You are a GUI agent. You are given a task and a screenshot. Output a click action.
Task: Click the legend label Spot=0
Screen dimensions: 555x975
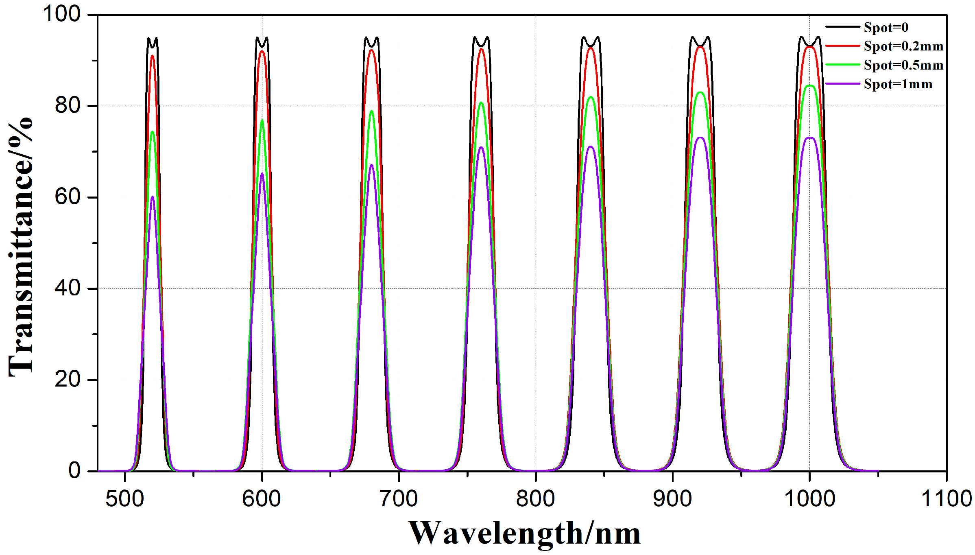coord(886,27)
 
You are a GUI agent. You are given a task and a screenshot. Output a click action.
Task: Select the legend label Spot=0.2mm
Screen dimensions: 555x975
coord(903,46)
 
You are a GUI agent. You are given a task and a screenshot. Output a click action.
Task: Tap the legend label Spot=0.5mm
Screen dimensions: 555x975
coord(903,65)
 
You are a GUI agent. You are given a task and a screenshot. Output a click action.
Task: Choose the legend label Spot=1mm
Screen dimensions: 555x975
coord(898,84)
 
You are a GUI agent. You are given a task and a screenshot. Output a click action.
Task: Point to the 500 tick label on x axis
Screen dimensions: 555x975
coord(124,499)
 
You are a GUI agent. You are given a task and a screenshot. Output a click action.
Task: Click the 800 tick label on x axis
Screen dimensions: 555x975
coord(535,499)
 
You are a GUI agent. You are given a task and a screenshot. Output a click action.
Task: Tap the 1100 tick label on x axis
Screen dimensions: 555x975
coord(946,499)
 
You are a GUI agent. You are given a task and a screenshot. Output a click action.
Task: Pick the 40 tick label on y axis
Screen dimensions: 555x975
coord(68,288)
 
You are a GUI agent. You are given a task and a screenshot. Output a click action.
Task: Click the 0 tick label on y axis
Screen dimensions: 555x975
coord(74,471)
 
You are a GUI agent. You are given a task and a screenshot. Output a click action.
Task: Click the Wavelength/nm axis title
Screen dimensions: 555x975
coord(524,533)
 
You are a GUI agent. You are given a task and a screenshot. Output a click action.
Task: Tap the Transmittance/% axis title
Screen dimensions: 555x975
coord(20,247)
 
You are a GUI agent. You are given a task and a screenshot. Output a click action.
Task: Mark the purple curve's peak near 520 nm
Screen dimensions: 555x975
coord(153,197)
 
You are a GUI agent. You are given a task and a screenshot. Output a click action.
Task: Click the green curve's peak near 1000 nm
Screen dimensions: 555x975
coord(810,85)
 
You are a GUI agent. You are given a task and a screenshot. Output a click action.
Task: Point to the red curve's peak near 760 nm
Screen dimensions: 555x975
coord(481,49)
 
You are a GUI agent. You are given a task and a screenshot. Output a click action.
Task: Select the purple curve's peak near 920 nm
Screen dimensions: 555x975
coord(700,138)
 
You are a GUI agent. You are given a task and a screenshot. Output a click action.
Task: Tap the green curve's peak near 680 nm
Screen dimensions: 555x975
coord(371,111)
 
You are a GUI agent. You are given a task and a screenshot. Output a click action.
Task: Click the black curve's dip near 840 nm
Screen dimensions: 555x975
coord(591,46)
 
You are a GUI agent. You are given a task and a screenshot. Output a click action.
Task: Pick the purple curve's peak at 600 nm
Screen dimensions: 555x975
coord(262,173)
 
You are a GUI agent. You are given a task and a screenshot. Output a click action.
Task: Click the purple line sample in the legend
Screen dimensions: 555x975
coord(842,84)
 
